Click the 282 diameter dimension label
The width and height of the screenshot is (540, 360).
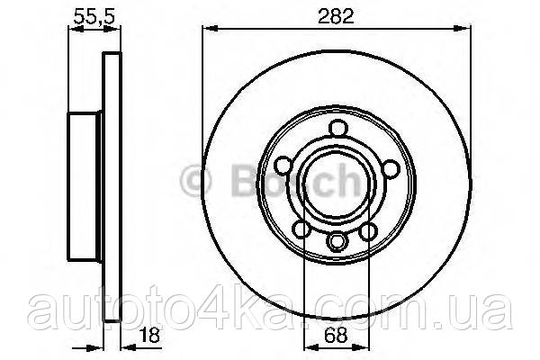(336, 16)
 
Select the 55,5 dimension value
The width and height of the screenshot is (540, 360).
(94, 16)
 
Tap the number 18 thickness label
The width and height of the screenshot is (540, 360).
(149, 335)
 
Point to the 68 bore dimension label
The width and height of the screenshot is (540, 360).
(336, 335)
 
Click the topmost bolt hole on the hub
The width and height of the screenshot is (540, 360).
(337, 128)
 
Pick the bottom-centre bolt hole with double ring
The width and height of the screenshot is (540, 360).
(337, 241)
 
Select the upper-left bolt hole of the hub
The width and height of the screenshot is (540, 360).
(283, 165)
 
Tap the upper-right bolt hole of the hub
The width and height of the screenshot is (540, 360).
(391, 169)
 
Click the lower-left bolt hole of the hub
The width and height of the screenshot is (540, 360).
(302, 229)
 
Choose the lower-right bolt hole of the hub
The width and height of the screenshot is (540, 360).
(367, 231)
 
